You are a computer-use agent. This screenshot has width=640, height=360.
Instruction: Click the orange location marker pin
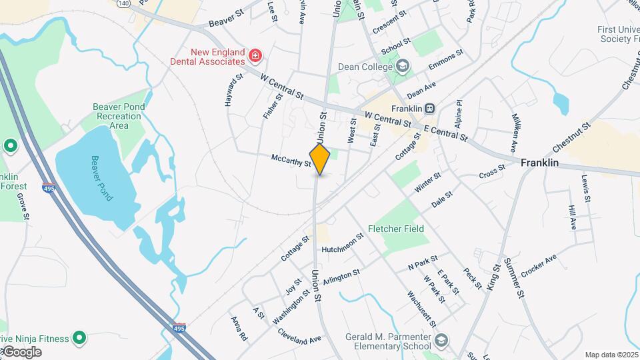coord(320,159)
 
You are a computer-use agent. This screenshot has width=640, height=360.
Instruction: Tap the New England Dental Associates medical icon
coord(254,53)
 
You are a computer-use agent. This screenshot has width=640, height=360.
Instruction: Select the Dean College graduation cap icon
coord(402,66)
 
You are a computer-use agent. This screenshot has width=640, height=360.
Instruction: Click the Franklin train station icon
coord(431,108)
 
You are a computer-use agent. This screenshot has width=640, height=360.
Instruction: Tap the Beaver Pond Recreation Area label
coord(119,116)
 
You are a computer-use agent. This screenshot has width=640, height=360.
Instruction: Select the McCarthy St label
coord(291,161)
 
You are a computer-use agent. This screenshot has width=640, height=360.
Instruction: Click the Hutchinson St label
coord(342,243)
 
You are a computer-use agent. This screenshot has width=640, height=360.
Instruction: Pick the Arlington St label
coord(341,277)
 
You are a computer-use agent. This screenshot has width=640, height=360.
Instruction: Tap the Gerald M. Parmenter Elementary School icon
coord(441,341)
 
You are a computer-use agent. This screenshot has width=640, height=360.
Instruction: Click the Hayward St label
coord(231,91)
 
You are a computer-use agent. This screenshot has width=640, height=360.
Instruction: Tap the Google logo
coord(21,352)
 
